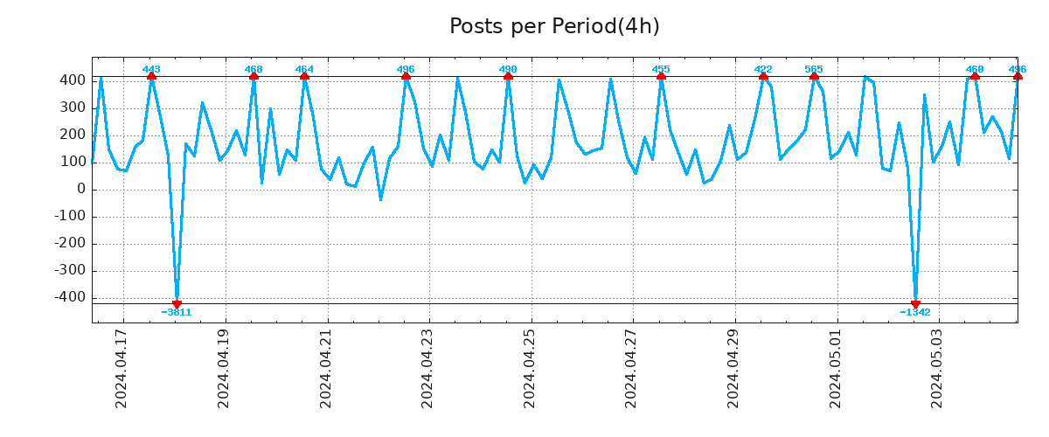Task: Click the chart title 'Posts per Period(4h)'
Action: click(554, 26)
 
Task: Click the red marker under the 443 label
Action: click(151, 76)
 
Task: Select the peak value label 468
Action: click(254, 69)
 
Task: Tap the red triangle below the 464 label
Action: click(304, 76)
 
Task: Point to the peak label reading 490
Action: click(508, 69)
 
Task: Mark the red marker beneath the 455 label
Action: click(661, 76)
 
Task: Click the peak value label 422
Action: click(763, 69)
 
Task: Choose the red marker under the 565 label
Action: click(814, 76)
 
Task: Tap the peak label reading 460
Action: click(975, 69)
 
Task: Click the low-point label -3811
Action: click(177, 312)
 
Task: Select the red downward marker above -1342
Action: click(915, 304)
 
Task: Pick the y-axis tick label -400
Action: click(71, 298)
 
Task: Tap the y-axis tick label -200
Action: click(71, 244)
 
